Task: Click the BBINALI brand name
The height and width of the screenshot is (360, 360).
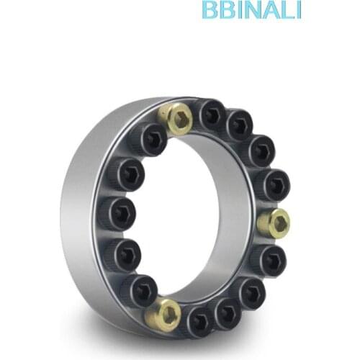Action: [x=251, y=10]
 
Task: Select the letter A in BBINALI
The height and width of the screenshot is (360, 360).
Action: [x=271, y=10]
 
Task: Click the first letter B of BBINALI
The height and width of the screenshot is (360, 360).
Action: [x=210, y=10]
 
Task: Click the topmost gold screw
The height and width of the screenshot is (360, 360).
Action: [x=175, y=117]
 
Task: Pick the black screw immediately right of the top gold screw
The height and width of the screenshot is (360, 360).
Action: [x=212, y=114]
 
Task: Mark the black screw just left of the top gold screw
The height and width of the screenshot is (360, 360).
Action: [x=148, y=138]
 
